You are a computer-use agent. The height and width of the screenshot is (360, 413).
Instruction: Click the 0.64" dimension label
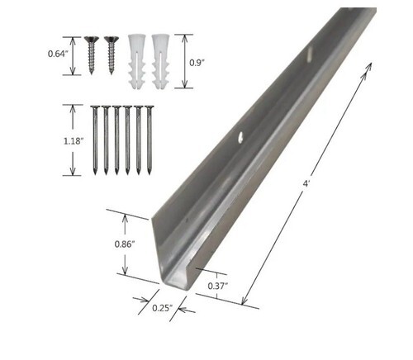58,54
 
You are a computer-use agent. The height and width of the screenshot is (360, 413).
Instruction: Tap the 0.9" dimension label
197,63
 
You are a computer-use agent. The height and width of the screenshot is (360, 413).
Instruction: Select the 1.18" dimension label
74,141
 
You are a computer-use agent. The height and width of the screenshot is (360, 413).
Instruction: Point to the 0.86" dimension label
125,244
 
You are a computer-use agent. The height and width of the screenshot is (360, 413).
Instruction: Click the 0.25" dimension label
162,308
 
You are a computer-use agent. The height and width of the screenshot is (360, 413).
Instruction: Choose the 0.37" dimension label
217,287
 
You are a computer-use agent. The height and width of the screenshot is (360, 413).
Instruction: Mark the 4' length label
305,184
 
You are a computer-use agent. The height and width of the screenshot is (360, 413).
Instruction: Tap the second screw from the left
112,55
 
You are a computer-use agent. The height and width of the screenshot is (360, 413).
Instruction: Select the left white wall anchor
137,61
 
